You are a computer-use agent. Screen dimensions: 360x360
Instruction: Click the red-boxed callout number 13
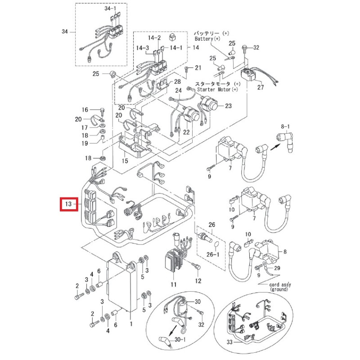(68, 204)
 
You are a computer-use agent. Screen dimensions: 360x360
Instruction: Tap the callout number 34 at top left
(65, 31)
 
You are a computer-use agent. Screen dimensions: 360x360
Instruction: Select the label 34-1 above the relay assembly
(110, 9)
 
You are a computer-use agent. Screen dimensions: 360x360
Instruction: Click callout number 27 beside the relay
(260, 87)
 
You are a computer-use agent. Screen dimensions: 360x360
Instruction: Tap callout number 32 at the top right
(256, 47)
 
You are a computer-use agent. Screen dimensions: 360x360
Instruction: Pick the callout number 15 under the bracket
(125, 161)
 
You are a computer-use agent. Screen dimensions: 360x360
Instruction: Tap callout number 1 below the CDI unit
(130, 323)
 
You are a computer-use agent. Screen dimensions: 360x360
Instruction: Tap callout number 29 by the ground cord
(277, 268)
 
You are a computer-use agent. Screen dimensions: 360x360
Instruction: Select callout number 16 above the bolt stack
(85, 110)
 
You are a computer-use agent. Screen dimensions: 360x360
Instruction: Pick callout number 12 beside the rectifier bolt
(198, 281)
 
